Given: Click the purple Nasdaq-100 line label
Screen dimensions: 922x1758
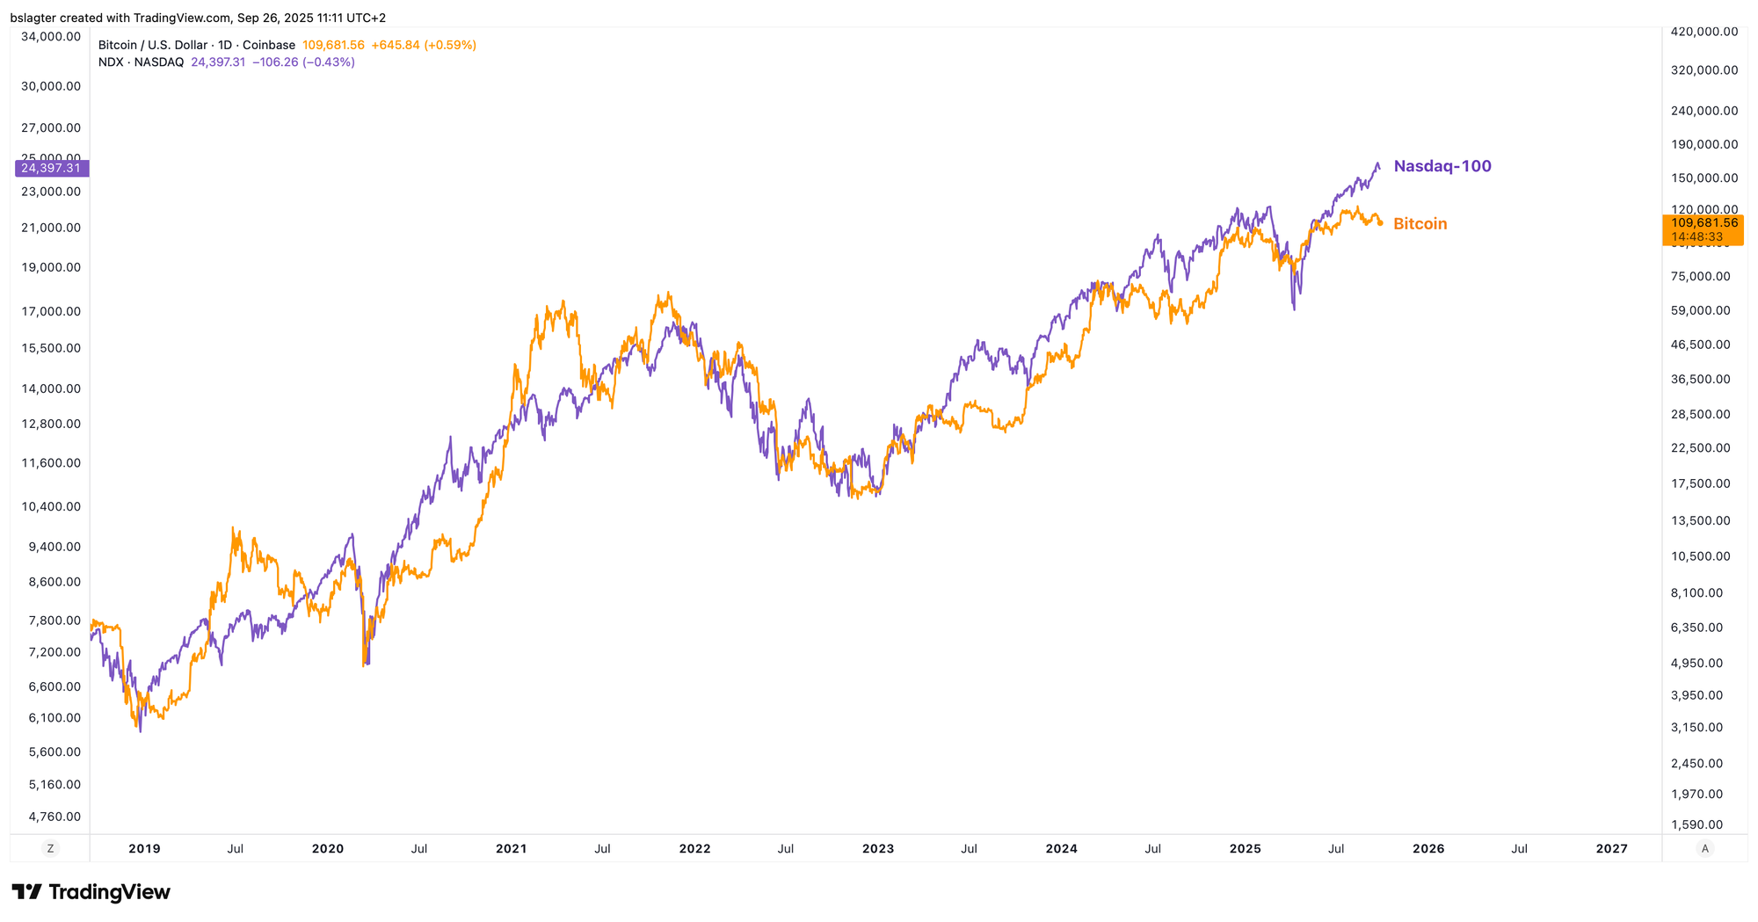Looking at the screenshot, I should point(1442,166).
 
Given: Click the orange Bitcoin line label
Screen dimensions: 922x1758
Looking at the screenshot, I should point(1420,224).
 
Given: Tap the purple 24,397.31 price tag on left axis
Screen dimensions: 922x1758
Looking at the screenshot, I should point(51,168).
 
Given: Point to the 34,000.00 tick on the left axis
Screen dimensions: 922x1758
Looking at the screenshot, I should point(51,36).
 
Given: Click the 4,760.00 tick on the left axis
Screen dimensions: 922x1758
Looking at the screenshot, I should point(54,817).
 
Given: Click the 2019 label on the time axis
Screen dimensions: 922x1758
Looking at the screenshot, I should point(144,849).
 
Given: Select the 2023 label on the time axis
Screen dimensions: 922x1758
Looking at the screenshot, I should point(878,849).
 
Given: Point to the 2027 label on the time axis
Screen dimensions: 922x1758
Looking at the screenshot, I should point(1611,849).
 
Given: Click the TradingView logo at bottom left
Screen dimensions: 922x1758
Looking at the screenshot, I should point(91,893).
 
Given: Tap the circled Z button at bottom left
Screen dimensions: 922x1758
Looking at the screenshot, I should point(50,849).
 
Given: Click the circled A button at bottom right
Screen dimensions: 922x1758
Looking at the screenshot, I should point(1705,849).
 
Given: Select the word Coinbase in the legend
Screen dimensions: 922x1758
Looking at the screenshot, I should point(269,45).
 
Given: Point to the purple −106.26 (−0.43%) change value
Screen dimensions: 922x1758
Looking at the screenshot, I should point(303,62).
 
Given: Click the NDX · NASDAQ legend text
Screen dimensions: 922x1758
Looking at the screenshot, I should point(141,62).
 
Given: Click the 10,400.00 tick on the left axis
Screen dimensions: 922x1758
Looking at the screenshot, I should point(51,506).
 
